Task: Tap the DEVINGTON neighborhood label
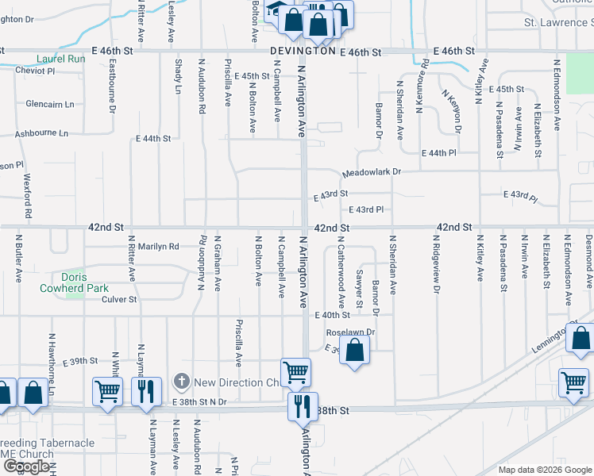coord(303,51)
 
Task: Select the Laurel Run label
coord(61,59)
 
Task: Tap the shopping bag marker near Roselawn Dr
coord(355,350)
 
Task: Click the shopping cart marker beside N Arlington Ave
coord(296,371)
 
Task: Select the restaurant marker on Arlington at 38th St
coord(303,406)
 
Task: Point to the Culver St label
coord(120,300)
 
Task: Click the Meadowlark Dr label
coord(372,172)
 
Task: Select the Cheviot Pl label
coord(35,71)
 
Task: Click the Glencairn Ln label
coord(49,104)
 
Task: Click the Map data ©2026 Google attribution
coord(545,470)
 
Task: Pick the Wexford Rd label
coord(27,196)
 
